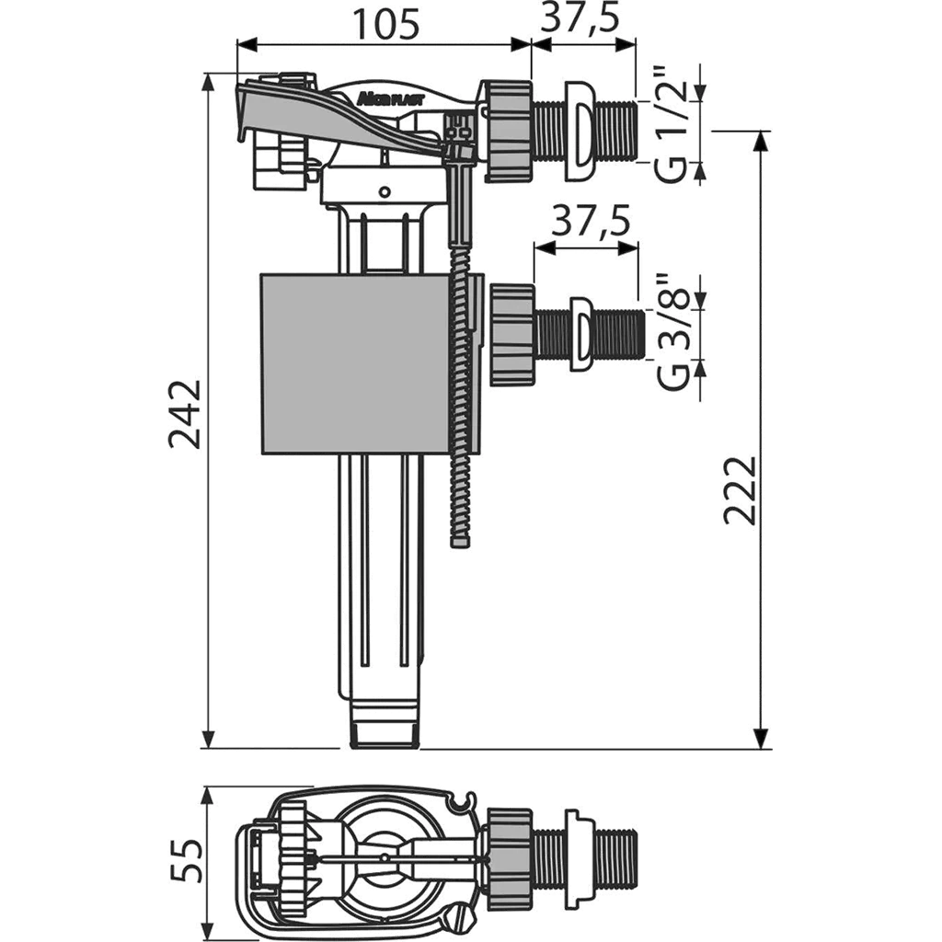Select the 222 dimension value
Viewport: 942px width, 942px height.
coord(739,491)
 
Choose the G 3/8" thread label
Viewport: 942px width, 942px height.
coord(672,332)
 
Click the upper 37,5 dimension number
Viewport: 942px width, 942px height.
coord(580,18)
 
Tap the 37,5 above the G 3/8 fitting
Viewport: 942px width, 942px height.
coord(592,221)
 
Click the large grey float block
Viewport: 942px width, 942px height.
coord(355,363)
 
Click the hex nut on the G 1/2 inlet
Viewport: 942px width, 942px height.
coord(511,131)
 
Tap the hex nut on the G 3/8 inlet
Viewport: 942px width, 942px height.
coord(512,335)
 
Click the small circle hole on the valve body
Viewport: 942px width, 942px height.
coord(385,192)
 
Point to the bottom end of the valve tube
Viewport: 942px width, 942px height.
coord(385,734)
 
